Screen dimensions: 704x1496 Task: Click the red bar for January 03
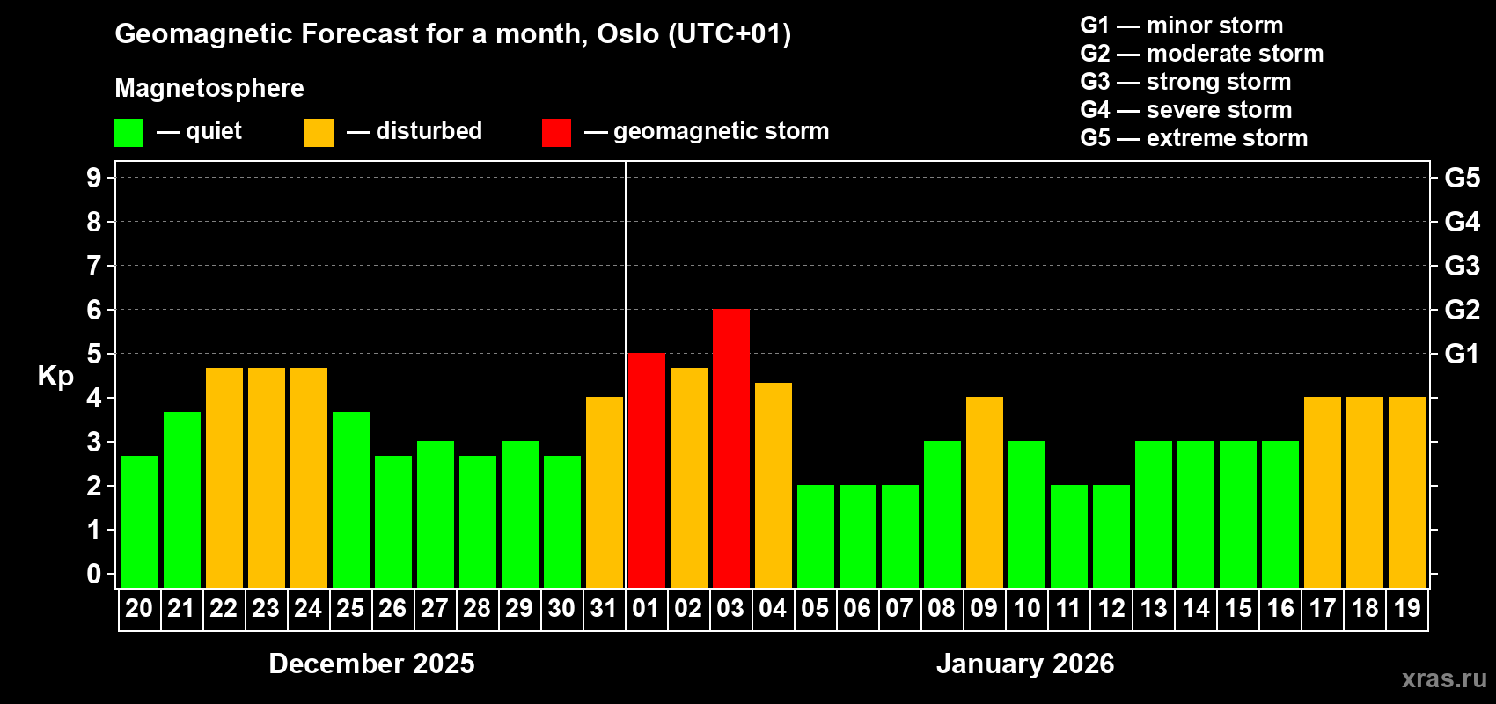pos(731,448)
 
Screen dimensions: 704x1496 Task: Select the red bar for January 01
pos(647,470)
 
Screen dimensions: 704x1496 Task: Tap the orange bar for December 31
pos(605,492)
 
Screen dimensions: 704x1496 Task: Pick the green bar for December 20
pos(140,521)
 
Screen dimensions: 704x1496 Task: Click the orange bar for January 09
pos(985,492)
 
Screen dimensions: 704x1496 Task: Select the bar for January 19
pos(1407,492)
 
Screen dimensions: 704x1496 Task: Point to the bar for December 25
pos(351,499)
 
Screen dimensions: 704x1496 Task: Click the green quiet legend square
pos(129,133)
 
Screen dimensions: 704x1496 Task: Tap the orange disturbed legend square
pos(319,133)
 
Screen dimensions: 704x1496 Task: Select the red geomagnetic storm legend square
pos(556,133)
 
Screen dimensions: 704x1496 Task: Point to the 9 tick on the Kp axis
pos(94,178)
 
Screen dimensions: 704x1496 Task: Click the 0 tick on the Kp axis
pos(94,574)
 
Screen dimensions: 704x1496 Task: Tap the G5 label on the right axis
pos(1462,178)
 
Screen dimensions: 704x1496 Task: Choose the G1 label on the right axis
pos(1462,354)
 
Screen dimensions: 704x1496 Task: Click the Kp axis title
pos(55,376)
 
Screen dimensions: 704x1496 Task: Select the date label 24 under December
pos(308,608)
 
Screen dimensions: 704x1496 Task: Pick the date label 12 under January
pos(1111,608)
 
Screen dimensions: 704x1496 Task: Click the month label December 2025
pos(371,664)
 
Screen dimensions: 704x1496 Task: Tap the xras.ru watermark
pos(1444,678)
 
